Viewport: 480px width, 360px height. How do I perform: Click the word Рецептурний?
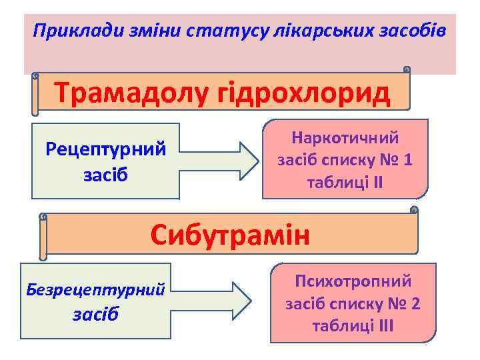(106, 148)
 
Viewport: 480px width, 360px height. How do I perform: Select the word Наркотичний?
(345, 138)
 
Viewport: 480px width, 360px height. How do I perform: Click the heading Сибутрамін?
(230, 235)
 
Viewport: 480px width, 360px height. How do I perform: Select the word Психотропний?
(353, 282)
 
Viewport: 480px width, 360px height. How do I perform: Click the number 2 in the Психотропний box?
(415, 305)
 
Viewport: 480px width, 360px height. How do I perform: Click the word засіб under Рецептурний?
(105, 175)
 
